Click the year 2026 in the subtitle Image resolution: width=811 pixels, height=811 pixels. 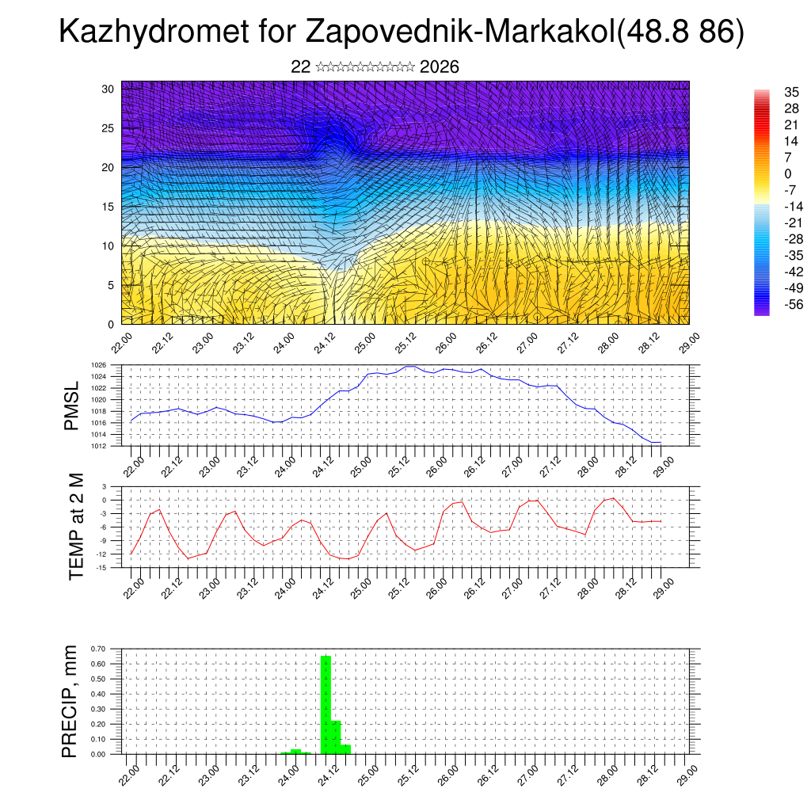click(x=440, y=67)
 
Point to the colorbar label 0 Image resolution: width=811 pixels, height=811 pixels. click(x=787, y=173)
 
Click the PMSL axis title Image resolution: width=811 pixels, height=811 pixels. click(x=72, y=405)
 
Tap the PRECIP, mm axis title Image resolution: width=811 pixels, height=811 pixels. click(x=71, y=701)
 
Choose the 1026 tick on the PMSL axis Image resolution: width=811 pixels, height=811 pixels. click(x=98, y=365)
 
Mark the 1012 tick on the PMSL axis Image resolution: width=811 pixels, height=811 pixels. click(x=98, y=446)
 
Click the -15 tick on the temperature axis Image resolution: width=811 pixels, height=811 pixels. click(x=101, y=567)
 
